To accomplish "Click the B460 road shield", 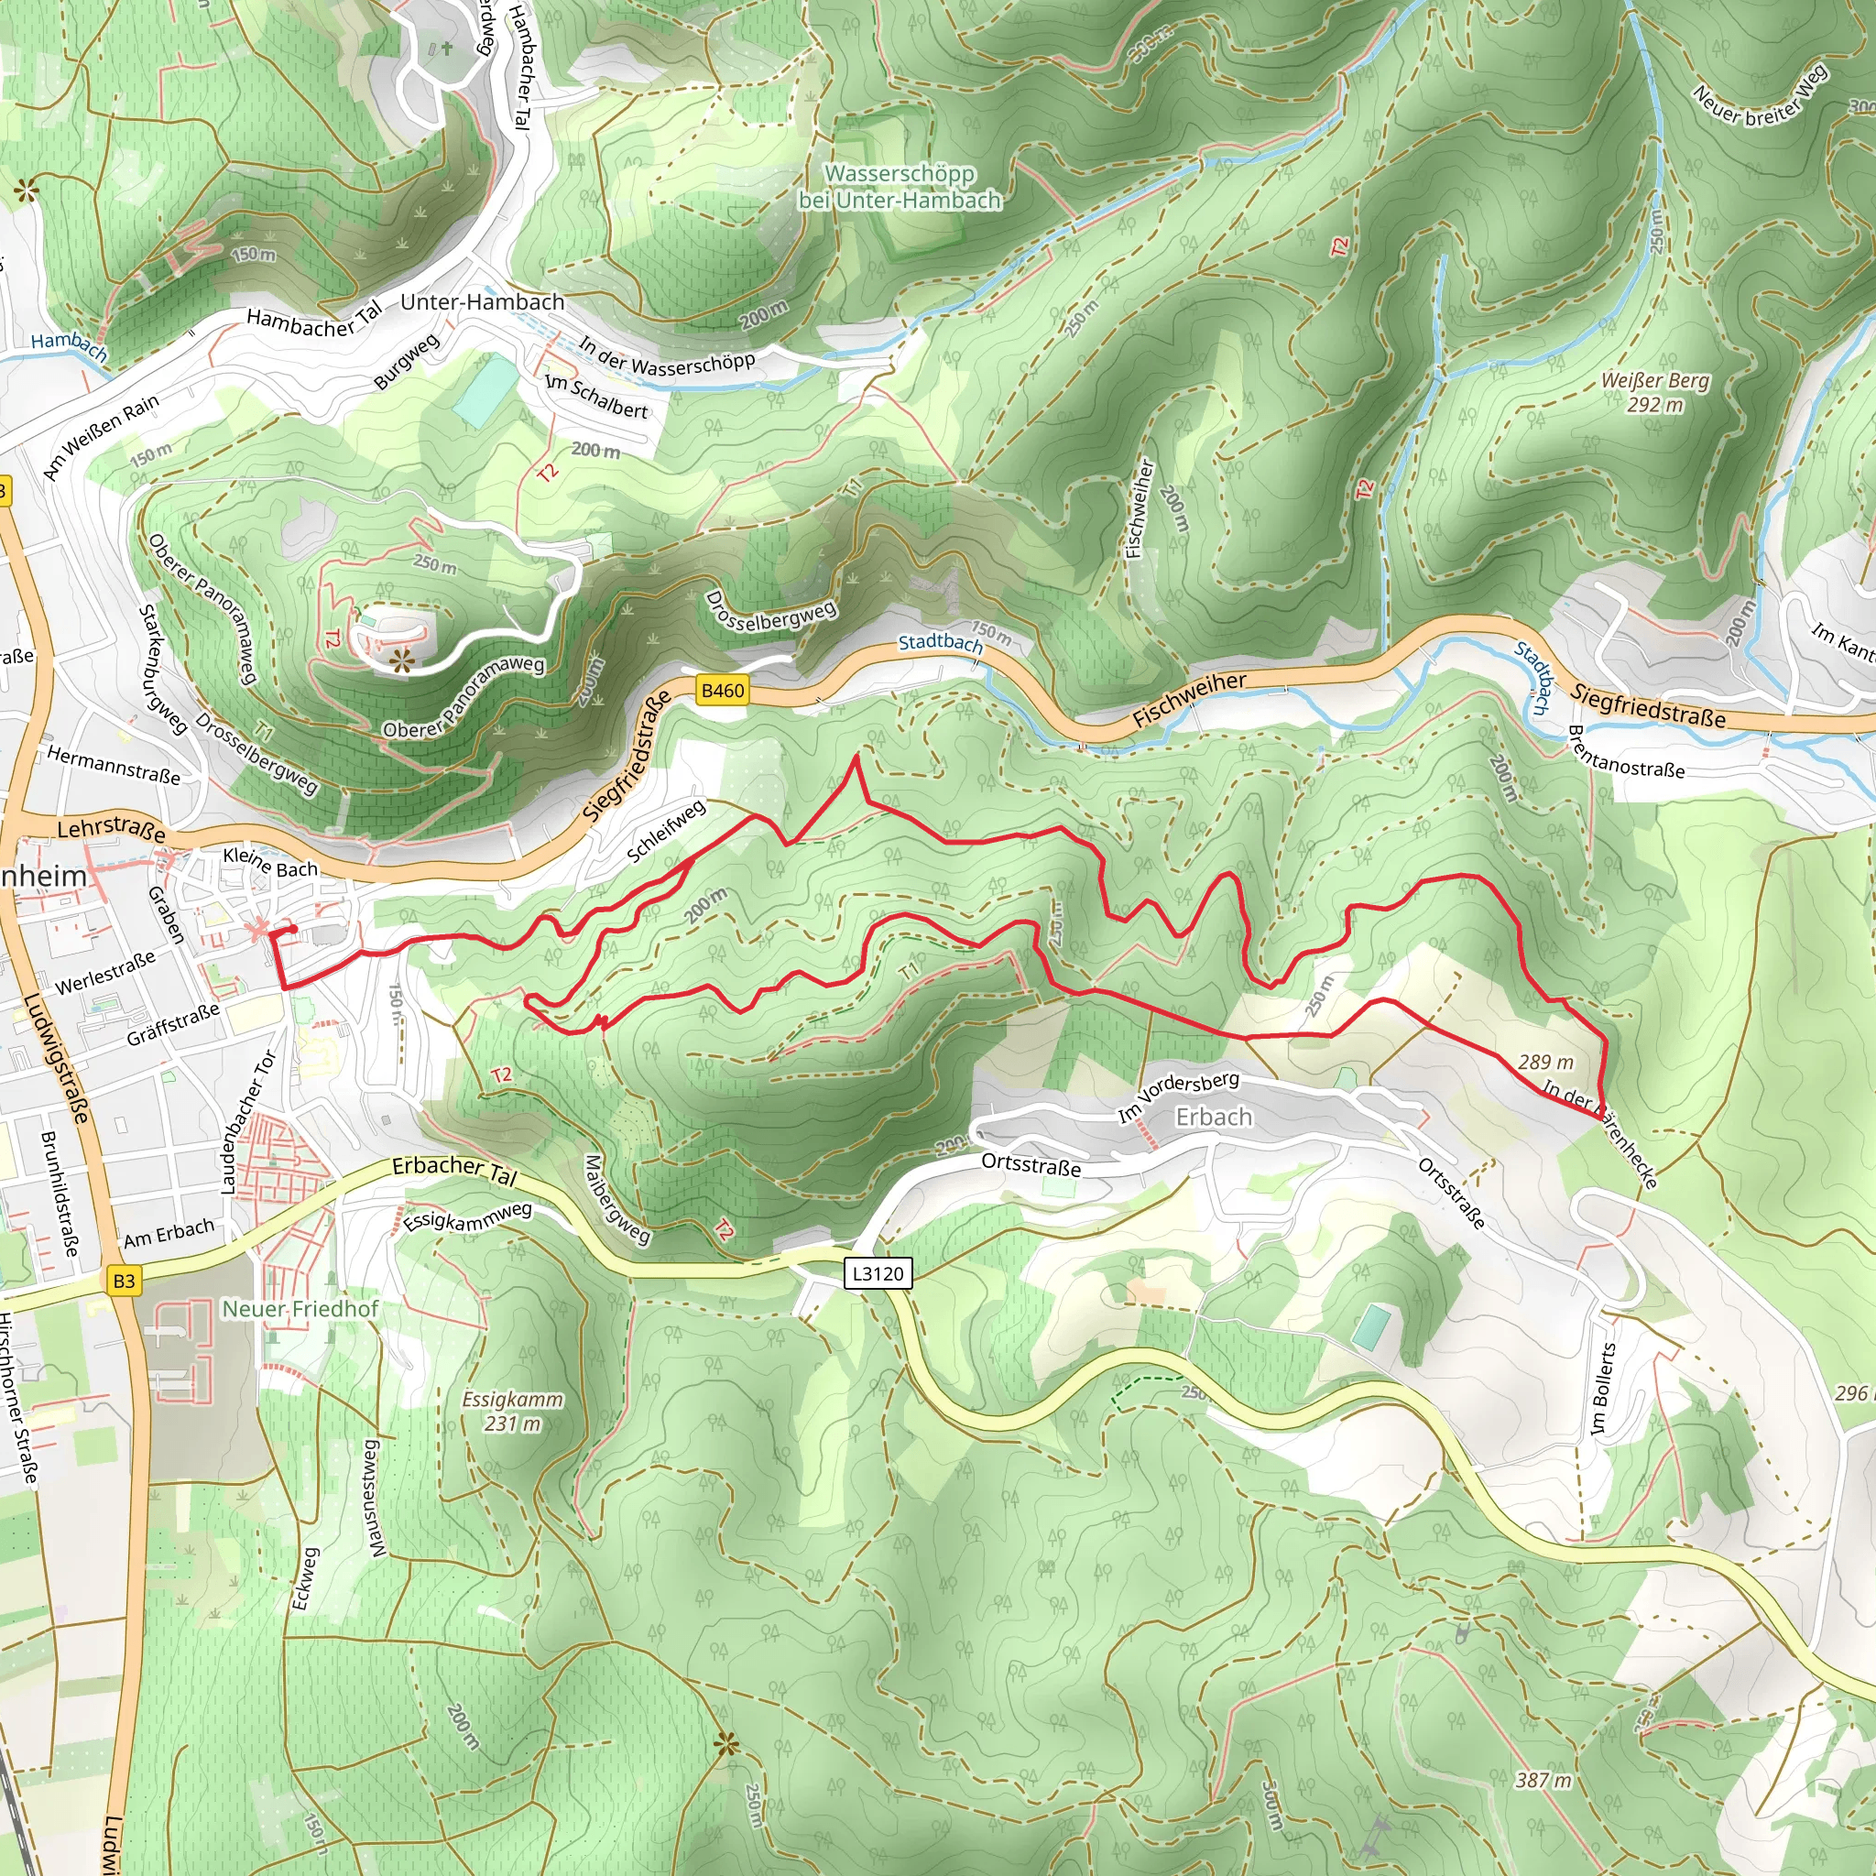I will tap(723, 691).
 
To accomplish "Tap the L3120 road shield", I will tap(878, 1273).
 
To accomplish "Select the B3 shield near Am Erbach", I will tap(124, 1281).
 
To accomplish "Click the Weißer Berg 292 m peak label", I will tap(1654, 392).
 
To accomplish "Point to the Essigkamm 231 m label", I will tap(512, 1411).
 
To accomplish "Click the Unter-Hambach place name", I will tap(482, 302).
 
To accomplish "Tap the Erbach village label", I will tap(1214, 1117).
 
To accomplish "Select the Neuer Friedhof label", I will tap(300, 1309).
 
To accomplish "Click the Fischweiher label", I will tap(1190, 699).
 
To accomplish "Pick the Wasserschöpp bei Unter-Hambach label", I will tap(900, 187).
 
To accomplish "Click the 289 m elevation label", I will tap(1546, 1063).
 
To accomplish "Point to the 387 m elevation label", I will tap(1543, 1780).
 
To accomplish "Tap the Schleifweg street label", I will tap(666, 831).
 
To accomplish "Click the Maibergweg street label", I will tap(616, 1200).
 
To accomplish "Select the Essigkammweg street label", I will tap(467, 1216).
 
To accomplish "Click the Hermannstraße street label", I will tap(114, 765).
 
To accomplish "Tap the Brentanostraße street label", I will tap(1627, 753).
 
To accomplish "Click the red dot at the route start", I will tap(292, 929).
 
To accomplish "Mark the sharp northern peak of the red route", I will tap(856, 758).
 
